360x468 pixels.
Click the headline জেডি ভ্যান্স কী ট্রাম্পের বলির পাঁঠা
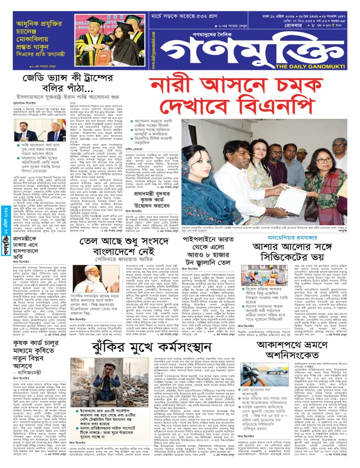point(72,84)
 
